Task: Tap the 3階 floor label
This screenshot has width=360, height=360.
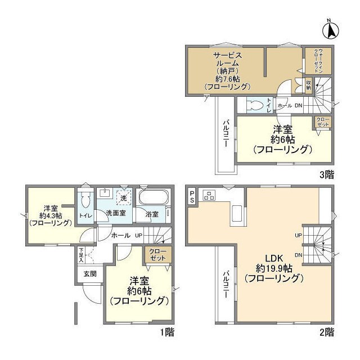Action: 327,175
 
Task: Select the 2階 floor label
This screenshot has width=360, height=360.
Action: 328,332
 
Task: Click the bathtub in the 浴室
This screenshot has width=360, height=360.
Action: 154,199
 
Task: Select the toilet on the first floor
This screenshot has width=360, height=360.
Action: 85,200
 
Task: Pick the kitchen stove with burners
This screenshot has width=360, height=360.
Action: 209,195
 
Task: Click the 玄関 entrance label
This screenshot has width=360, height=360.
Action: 89,274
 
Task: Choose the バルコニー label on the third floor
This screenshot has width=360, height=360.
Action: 225,133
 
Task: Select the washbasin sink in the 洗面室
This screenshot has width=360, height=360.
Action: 105,193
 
